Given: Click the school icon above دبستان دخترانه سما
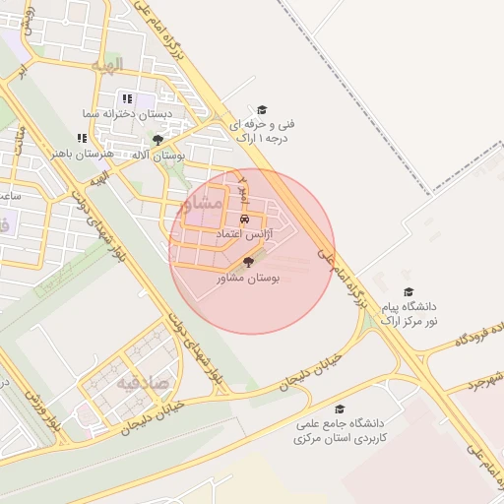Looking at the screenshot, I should pos(127,98).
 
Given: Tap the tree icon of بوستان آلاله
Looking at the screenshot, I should pos(157,141).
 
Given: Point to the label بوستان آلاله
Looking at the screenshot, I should pos(157,156).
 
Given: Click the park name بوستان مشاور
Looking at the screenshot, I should pos(248,279).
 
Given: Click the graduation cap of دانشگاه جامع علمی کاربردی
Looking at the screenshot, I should pos(341,409).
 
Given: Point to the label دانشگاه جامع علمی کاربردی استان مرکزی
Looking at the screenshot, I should pos(341,429).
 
